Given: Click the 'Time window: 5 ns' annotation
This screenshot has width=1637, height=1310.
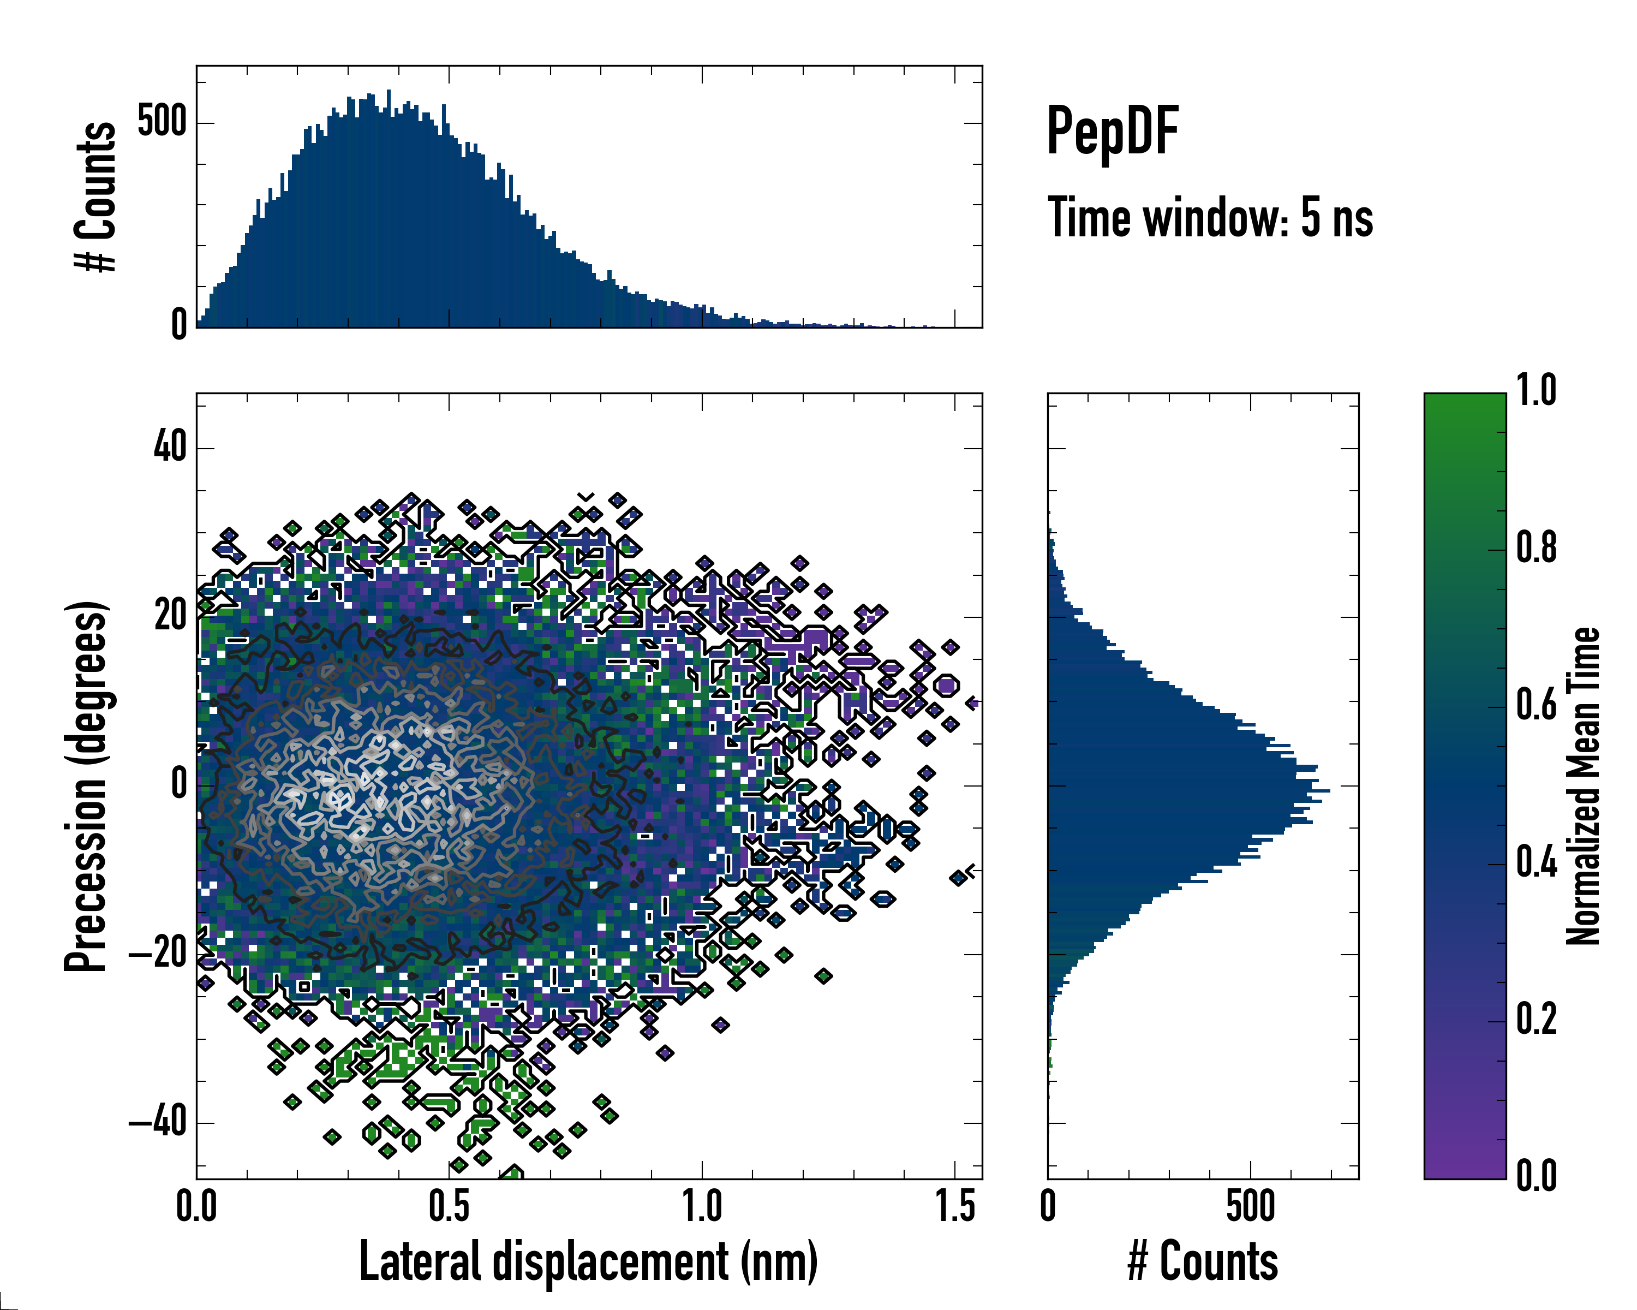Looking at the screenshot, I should [x=1210, y=218].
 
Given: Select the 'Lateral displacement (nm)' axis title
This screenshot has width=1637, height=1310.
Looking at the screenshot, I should [x=588, y=1261].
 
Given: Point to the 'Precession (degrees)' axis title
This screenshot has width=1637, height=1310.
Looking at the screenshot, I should [x=86, y=786].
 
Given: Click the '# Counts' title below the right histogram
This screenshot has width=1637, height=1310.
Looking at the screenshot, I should [x=1203, y=1261].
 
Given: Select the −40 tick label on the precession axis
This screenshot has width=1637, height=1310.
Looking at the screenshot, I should [x=158, y=1122].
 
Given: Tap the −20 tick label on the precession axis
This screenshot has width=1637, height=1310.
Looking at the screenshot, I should [x=158, y=953].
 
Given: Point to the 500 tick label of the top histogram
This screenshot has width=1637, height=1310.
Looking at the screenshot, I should [x=161, y=122].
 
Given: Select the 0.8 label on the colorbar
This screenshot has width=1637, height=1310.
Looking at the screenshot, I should [x=1536, y=549].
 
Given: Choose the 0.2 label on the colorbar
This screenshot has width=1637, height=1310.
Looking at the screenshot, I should [x=1536, y=1020].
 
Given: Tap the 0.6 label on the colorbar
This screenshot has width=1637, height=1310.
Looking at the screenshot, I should [x=1536, y=706].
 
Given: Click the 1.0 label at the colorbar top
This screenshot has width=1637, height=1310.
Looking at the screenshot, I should [x=1536, y=391].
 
